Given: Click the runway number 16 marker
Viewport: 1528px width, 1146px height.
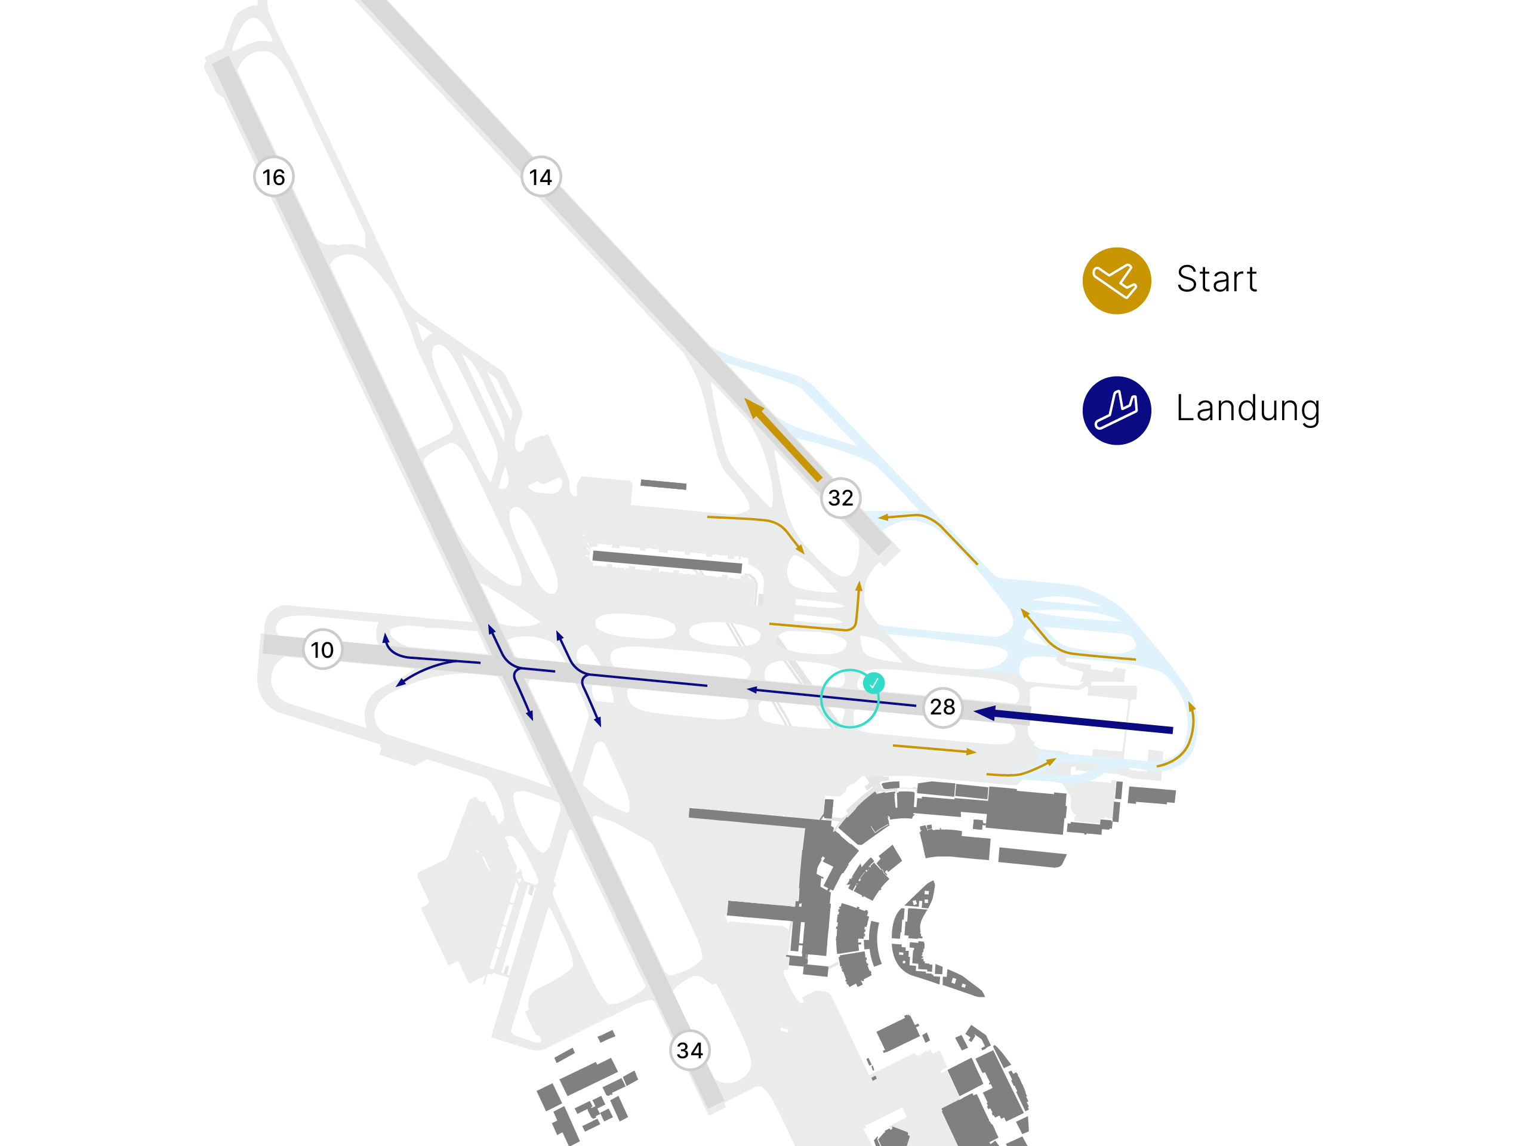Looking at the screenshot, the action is click(273, 177).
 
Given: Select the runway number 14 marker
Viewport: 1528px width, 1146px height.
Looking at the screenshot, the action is click(541, 177).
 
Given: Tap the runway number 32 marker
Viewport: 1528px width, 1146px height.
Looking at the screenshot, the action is click(840, 497).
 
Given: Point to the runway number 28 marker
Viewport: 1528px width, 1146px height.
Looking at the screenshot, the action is click(943, 707).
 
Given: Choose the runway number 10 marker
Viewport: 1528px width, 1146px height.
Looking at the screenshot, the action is click(322, 649).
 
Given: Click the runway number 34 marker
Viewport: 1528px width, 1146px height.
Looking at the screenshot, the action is click(690, 1050).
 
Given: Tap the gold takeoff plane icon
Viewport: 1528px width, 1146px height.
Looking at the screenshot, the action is click(1117, 281).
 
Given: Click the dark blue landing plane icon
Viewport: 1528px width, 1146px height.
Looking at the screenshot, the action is click(1117, 410).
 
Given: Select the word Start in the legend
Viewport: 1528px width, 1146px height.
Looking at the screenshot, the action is click(1216, 279).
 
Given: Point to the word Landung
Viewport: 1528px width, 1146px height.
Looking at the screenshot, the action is click(1248, 408).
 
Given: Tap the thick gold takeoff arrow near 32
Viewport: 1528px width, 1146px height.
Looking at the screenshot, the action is click(783, 439).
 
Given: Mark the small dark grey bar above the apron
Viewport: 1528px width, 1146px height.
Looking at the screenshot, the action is click(663, 484).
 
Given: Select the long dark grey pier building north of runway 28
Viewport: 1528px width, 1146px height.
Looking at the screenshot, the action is click(667, 562).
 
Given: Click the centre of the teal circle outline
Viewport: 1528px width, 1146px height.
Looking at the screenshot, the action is click(850, 698).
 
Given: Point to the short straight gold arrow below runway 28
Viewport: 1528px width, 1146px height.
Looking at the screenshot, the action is click(935, 749).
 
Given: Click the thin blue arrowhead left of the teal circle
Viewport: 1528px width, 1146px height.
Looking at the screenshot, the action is click(751, 689).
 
